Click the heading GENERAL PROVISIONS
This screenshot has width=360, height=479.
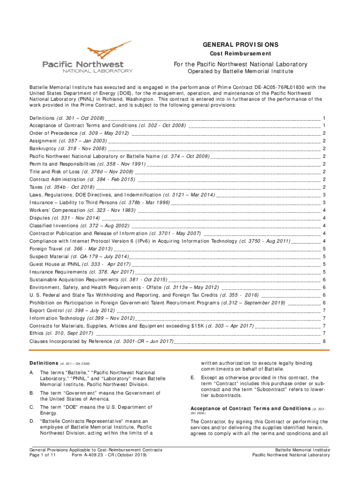(240, 45)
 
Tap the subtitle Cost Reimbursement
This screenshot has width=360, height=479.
(240, 54)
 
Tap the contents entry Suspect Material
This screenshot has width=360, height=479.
(49, 256)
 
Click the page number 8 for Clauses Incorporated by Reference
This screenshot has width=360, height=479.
(324, 341)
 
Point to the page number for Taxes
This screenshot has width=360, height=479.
(324, 187)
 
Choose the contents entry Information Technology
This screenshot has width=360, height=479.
(55, 318)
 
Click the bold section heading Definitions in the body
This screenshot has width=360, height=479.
(43, 363)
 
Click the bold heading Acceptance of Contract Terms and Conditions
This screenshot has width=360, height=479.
(250, 408)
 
